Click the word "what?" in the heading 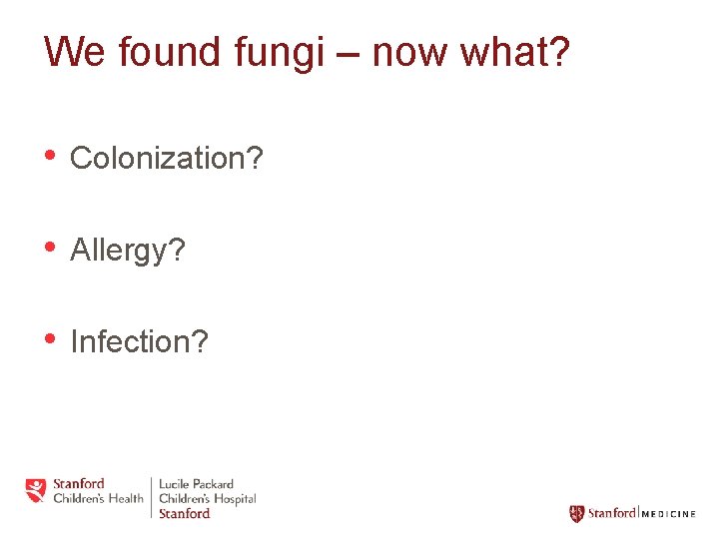(x=514, y=52)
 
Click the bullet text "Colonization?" (x=167, y=158)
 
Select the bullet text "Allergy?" (x=128, y=251)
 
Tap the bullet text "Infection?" (x=139, y=342)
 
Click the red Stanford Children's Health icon (x=36, y=491)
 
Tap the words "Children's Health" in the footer (x=98, y=498)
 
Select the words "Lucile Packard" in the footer (x=197, y=484)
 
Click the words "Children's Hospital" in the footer (x=208, y=498)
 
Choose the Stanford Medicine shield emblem (x=576, y=513)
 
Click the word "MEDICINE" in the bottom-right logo (x=668, y=514)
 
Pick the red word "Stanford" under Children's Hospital (x=185, y=513)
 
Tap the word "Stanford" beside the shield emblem (x=611, y=513)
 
